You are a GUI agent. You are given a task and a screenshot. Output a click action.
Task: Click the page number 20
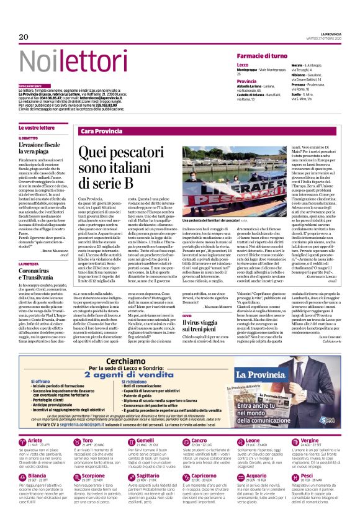coord(24,38)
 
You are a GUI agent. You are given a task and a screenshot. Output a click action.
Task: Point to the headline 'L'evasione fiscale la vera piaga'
coord(41,146)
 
